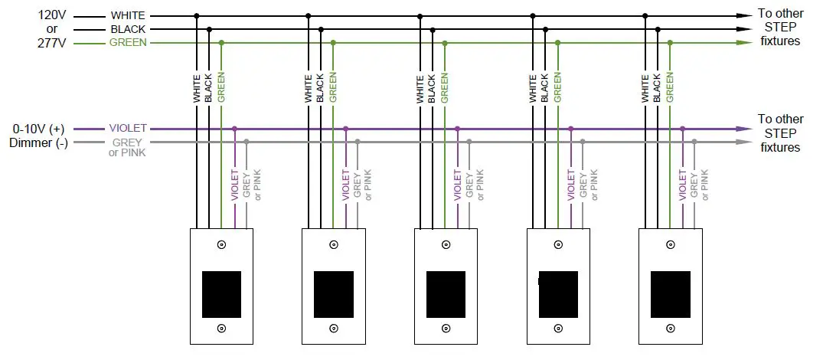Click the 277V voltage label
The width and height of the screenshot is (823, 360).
(52, 43)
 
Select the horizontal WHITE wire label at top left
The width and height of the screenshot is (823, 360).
(128, 15)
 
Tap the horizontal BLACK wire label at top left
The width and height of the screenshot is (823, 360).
(128, 29)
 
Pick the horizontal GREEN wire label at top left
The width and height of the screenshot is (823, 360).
(128, 43)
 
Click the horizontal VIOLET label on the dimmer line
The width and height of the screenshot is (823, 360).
(128, 129)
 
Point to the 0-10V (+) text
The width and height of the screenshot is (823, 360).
(40, 129)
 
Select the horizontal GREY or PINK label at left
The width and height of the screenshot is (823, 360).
(128, 147)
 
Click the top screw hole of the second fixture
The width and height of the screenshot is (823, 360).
(334, 245)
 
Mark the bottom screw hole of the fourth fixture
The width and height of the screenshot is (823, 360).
(558, 329)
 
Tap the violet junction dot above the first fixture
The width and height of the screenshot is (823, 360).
(234, 129)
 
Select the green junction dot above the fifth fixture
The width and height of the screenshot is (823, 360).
(670, 43)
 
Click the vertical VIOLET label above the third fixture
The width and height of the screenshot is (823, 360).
(458, 185)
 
